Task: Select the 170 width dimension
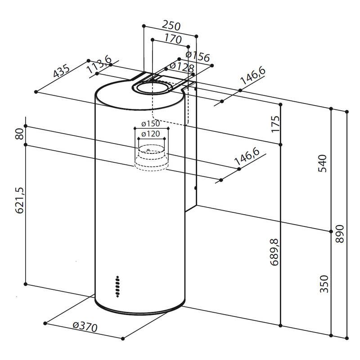tap(173, 39)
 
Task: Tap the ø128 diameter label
tap(182, 68)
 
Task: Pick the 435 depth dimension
tap(61, 72)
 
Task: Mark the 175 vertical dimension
tap(275, 124)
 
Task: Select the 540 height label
tap(322, 162)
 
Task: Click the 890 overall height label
tap(339, 234)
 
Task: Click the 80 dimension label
tap(19, 134)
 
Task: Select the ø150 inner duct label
tap(150, 124)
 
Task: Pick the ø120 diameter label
tap(150, 133)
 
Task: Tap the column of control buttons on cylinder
tap(117, 286)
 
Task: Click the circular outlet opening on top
tap(152, 88)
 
